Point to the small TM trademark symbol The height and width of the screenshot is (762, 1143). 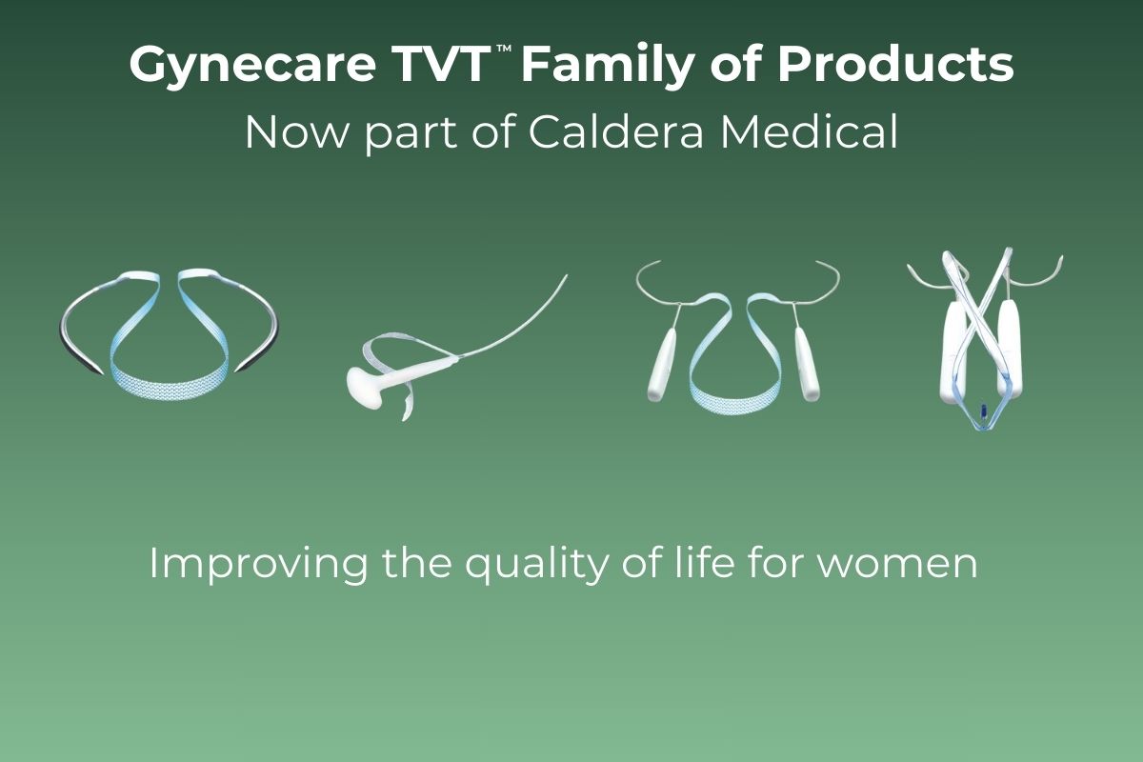click(504, 49)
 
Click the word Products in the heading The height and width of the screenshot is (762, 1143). click(895, 64)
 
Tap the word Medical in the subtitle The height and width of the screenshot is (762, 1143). click(809, 131)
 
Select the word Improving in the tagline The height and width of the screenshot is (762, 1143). click(258, 565)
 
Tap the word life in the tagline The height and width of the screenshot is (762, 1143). click(705, 562)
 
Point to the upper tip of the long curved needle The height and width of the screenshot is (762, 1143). click(567, 276)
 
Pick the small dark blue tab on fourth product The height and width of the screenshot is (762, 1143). click(983, 411)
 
